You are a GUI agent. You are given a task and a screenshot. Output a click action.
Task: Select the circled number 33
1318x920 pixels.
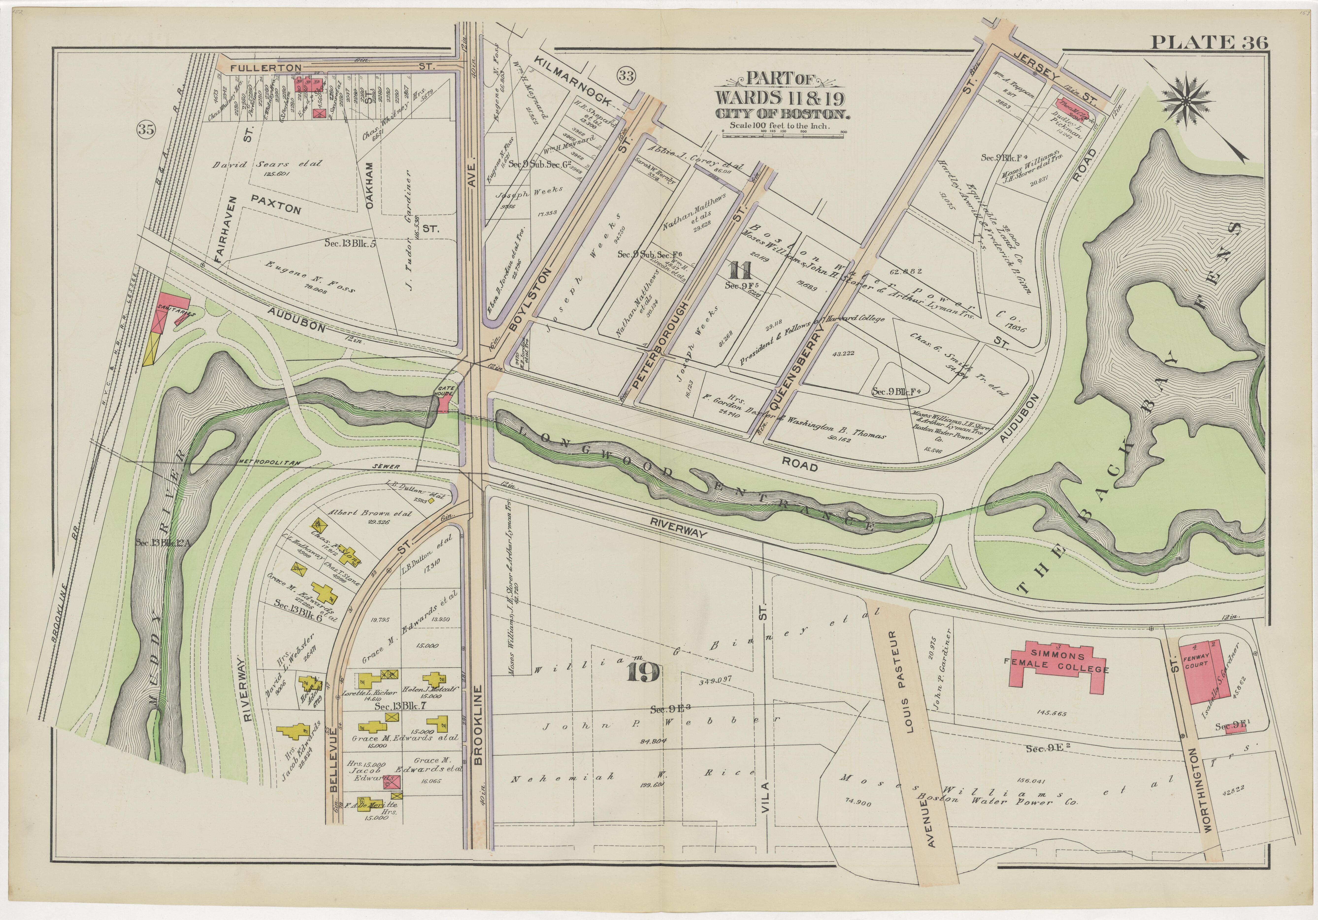(x=626, y=75)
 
